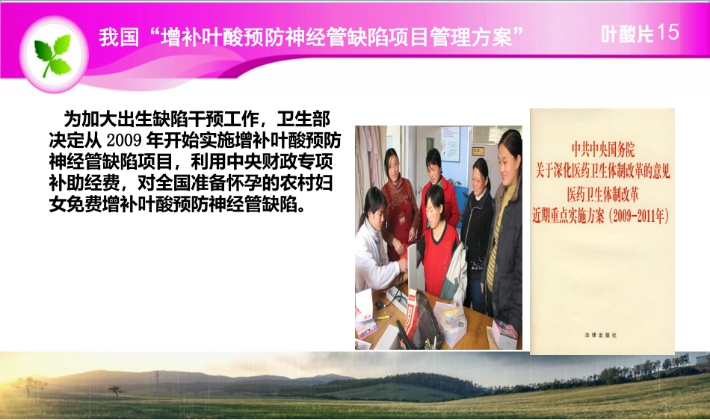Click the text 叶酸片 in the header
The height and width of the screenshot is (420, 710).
pyautogui.click(x=627, y=34)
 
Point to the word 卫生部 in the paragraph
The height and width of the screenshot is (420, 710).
pyautogui.click(x=303, y=120)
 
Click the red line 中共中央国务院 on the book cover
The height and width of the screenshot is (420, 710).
pyautogui.click(x=602, y=149)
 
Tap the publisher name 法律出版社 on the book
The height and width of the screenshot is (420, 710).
pyautogui.click(x=601, y=335)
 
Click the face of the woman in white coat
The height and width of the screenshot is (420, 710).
pyautogui.click(x=375, y=204)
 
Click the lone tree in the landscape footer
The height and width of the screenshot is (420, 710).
pyautogui.click(x=114, y=390)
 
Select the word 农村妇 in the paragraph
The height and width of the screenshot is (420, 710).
pyautogui.click(x=306, y=182)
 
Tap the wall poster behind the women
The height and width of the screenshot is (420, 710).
pyautogui.click(x=450, y=143)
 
